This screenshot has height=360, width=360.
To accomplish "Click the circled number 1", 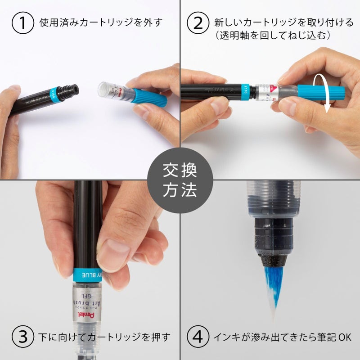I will [23, 23].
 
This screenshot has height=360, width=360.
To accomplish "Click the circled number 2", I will [198, 23].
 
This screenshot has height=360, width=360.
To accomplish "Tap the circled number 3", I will [23, 337].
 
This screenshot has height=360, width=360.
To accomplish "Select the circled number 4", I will [198, 337].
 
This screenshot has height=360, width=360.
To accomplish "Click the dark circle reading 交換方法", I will [180, 180].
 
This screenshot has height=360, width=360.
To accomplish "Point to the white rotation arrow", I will [328, 94].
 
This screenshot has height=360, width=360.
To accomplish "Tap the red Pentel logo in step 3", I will [84, 310].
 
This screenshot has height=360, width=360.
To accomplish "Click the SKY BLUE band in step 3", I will [88, 274].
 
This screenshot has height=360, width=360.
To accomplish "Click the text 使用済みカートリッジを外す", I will [101, 23].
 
